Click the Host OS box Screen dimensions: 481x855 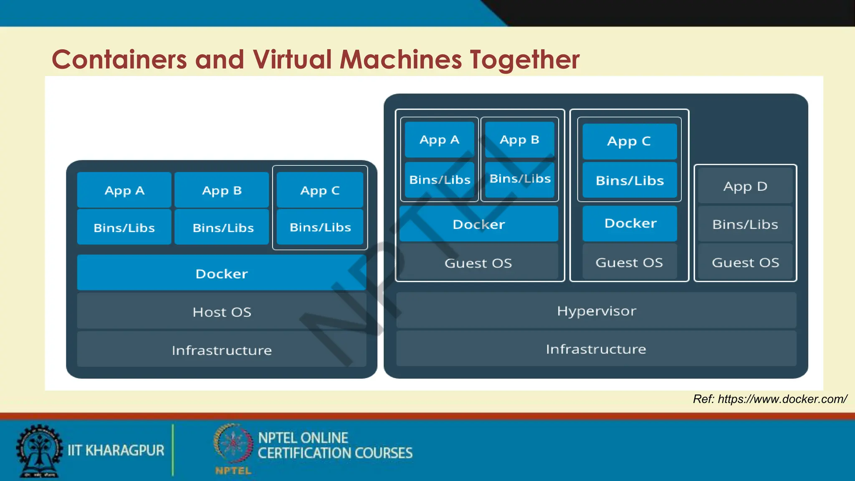coord(222,311)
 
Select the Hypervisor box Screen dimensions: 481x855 coord(596,311)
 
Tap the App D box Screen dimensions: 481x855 coord(745,186)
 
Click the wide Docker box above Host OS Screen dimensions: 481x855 coord(222,273)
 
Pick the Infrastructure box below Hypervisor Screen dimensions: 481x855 coord(596,349)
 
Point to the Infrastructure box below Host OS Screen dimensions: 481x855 coord(222,350)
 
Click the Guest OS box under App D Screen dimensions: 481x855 coord(745,262)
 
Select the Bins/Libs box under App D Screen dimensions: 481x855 coord(745,224)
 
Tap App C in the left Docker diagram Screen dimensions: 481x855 coord(320,190)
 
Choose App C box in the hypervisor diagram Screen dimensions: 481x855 coord(629,141)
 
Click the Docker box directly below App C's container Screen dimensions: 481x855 coord(630,223)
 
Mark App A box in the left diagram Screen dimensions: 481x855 coord(124,190)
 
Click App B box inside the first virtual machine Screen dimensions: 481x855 coord(519,139)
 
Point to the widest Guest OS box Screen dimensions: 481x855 coord(478,263)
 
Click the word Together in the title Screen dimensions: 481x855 coord(524,59)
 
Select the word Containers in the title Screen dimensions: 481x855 coord(119,59)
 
